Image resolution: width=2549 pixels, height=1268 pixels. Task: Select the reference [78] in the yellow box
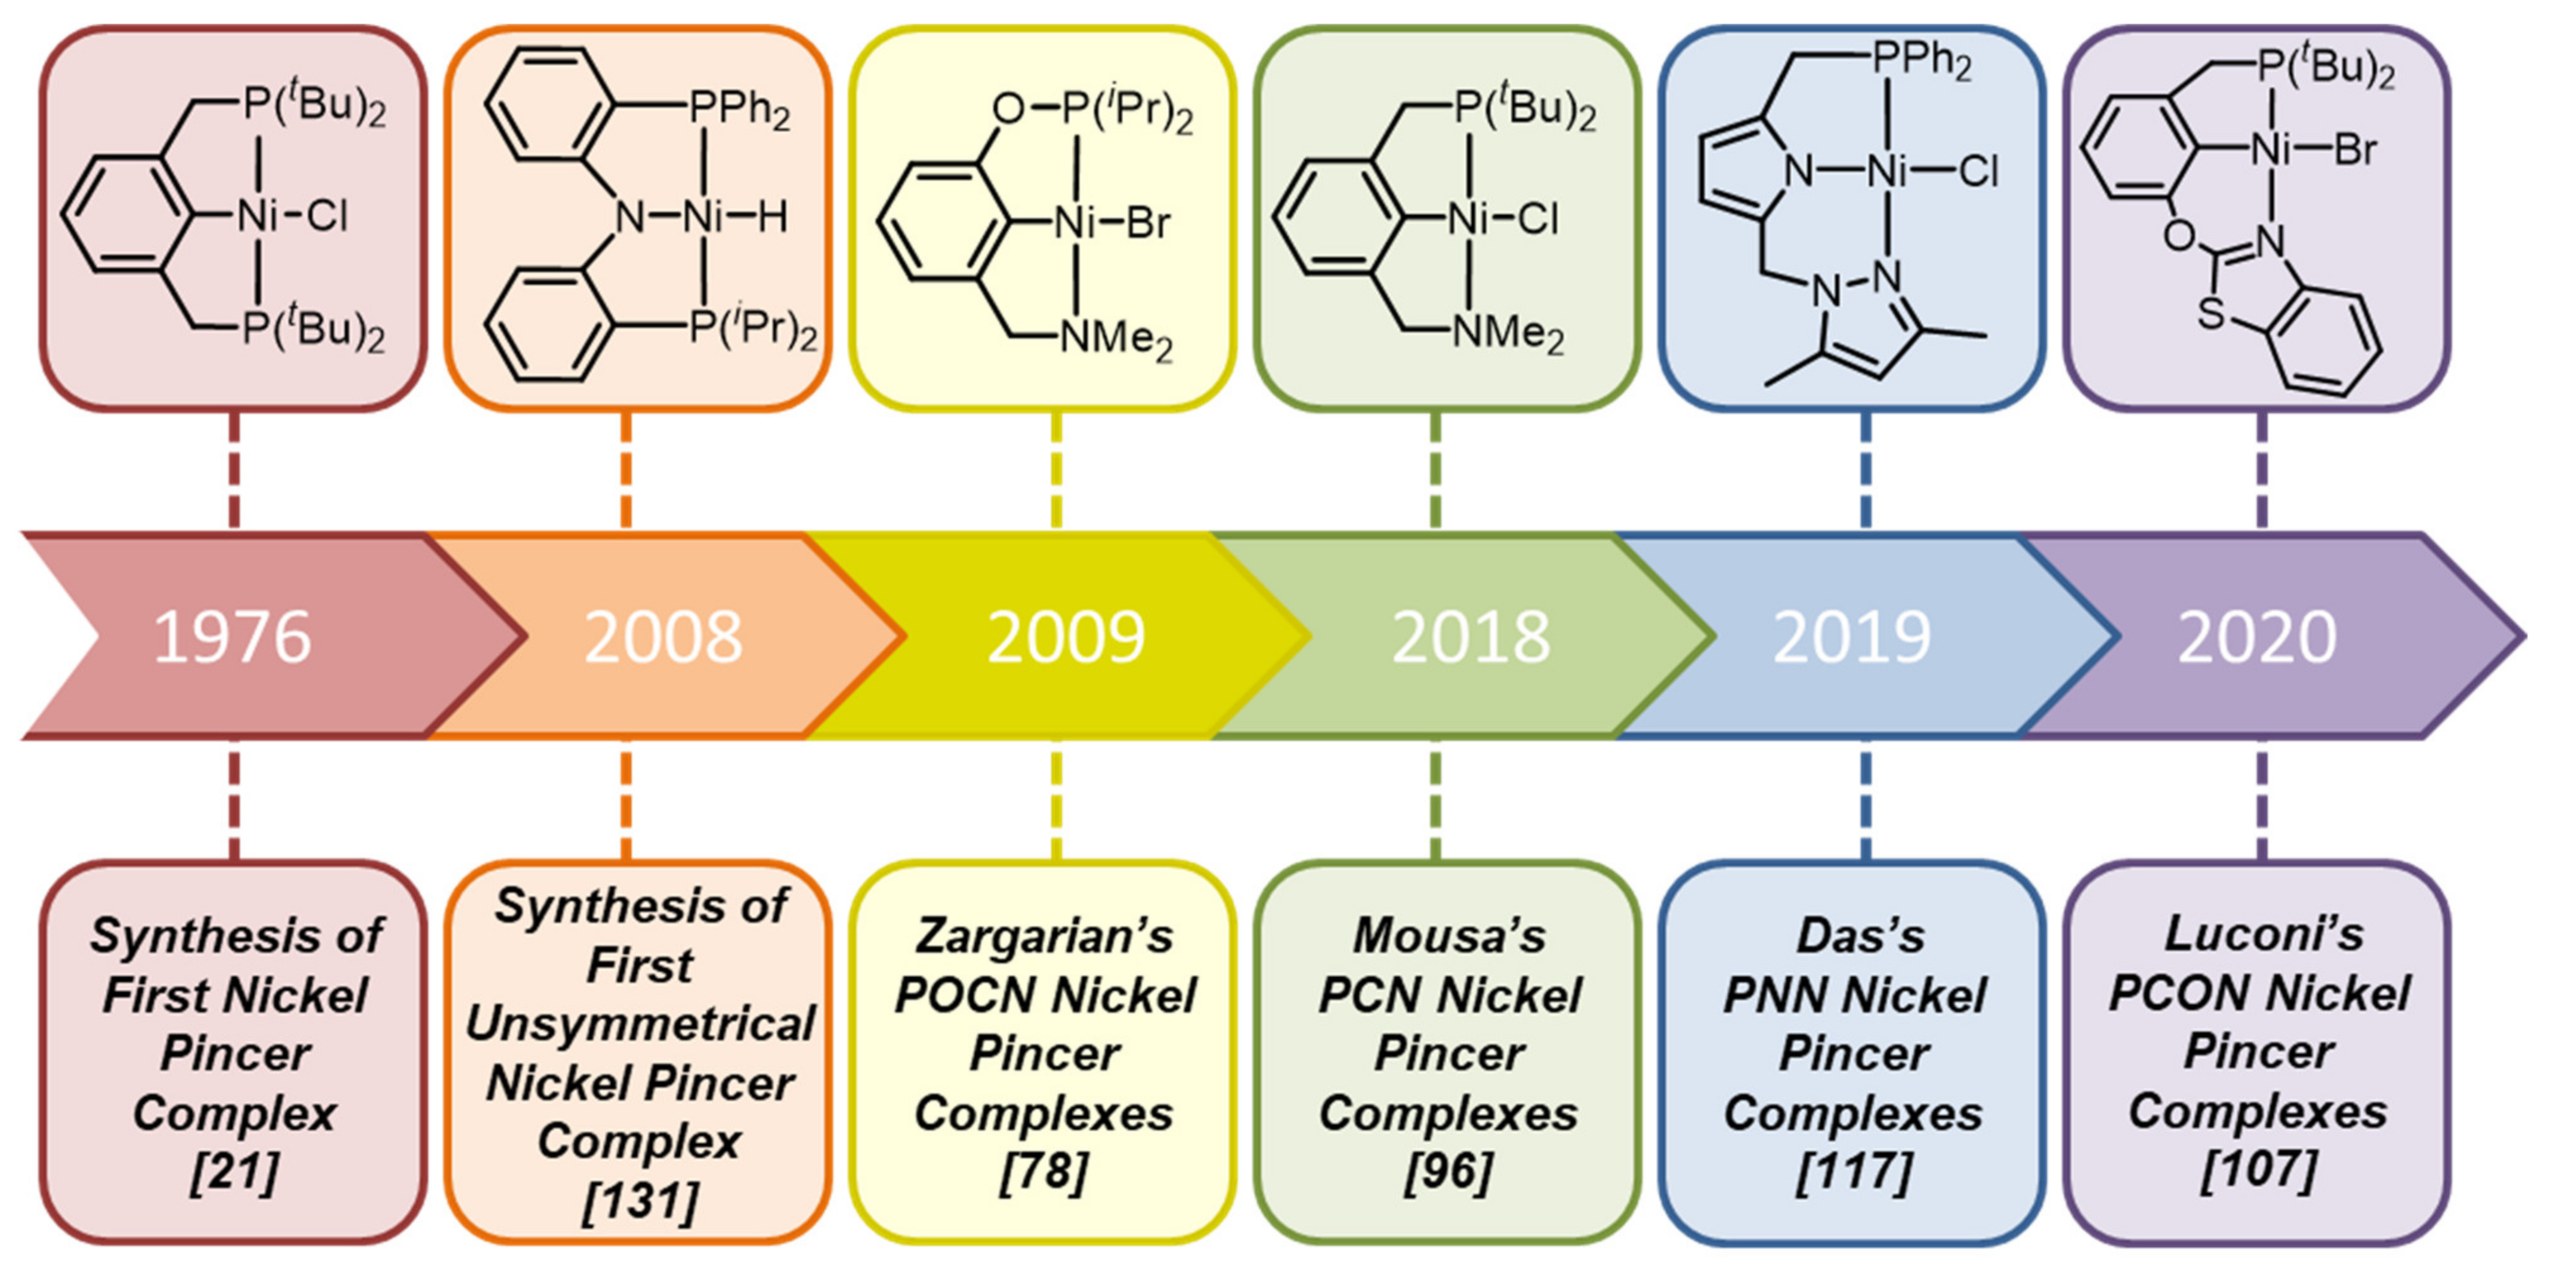tap(1044, 1172)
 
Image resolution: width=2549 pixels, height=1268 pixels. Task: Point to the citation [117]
tap(1854, 1172)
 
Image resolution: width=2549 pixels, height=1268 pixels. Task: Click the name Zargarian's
tap(1044, 936)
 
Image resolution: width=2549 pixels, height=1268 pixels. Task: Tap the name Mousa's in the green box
tap(1448, 936)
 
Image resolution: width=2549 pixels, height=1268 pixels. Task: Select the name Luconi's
tap(2264, 934)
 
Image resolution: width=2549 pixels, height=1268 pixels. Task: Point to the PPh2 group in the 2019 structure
tap(1922, 61)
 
